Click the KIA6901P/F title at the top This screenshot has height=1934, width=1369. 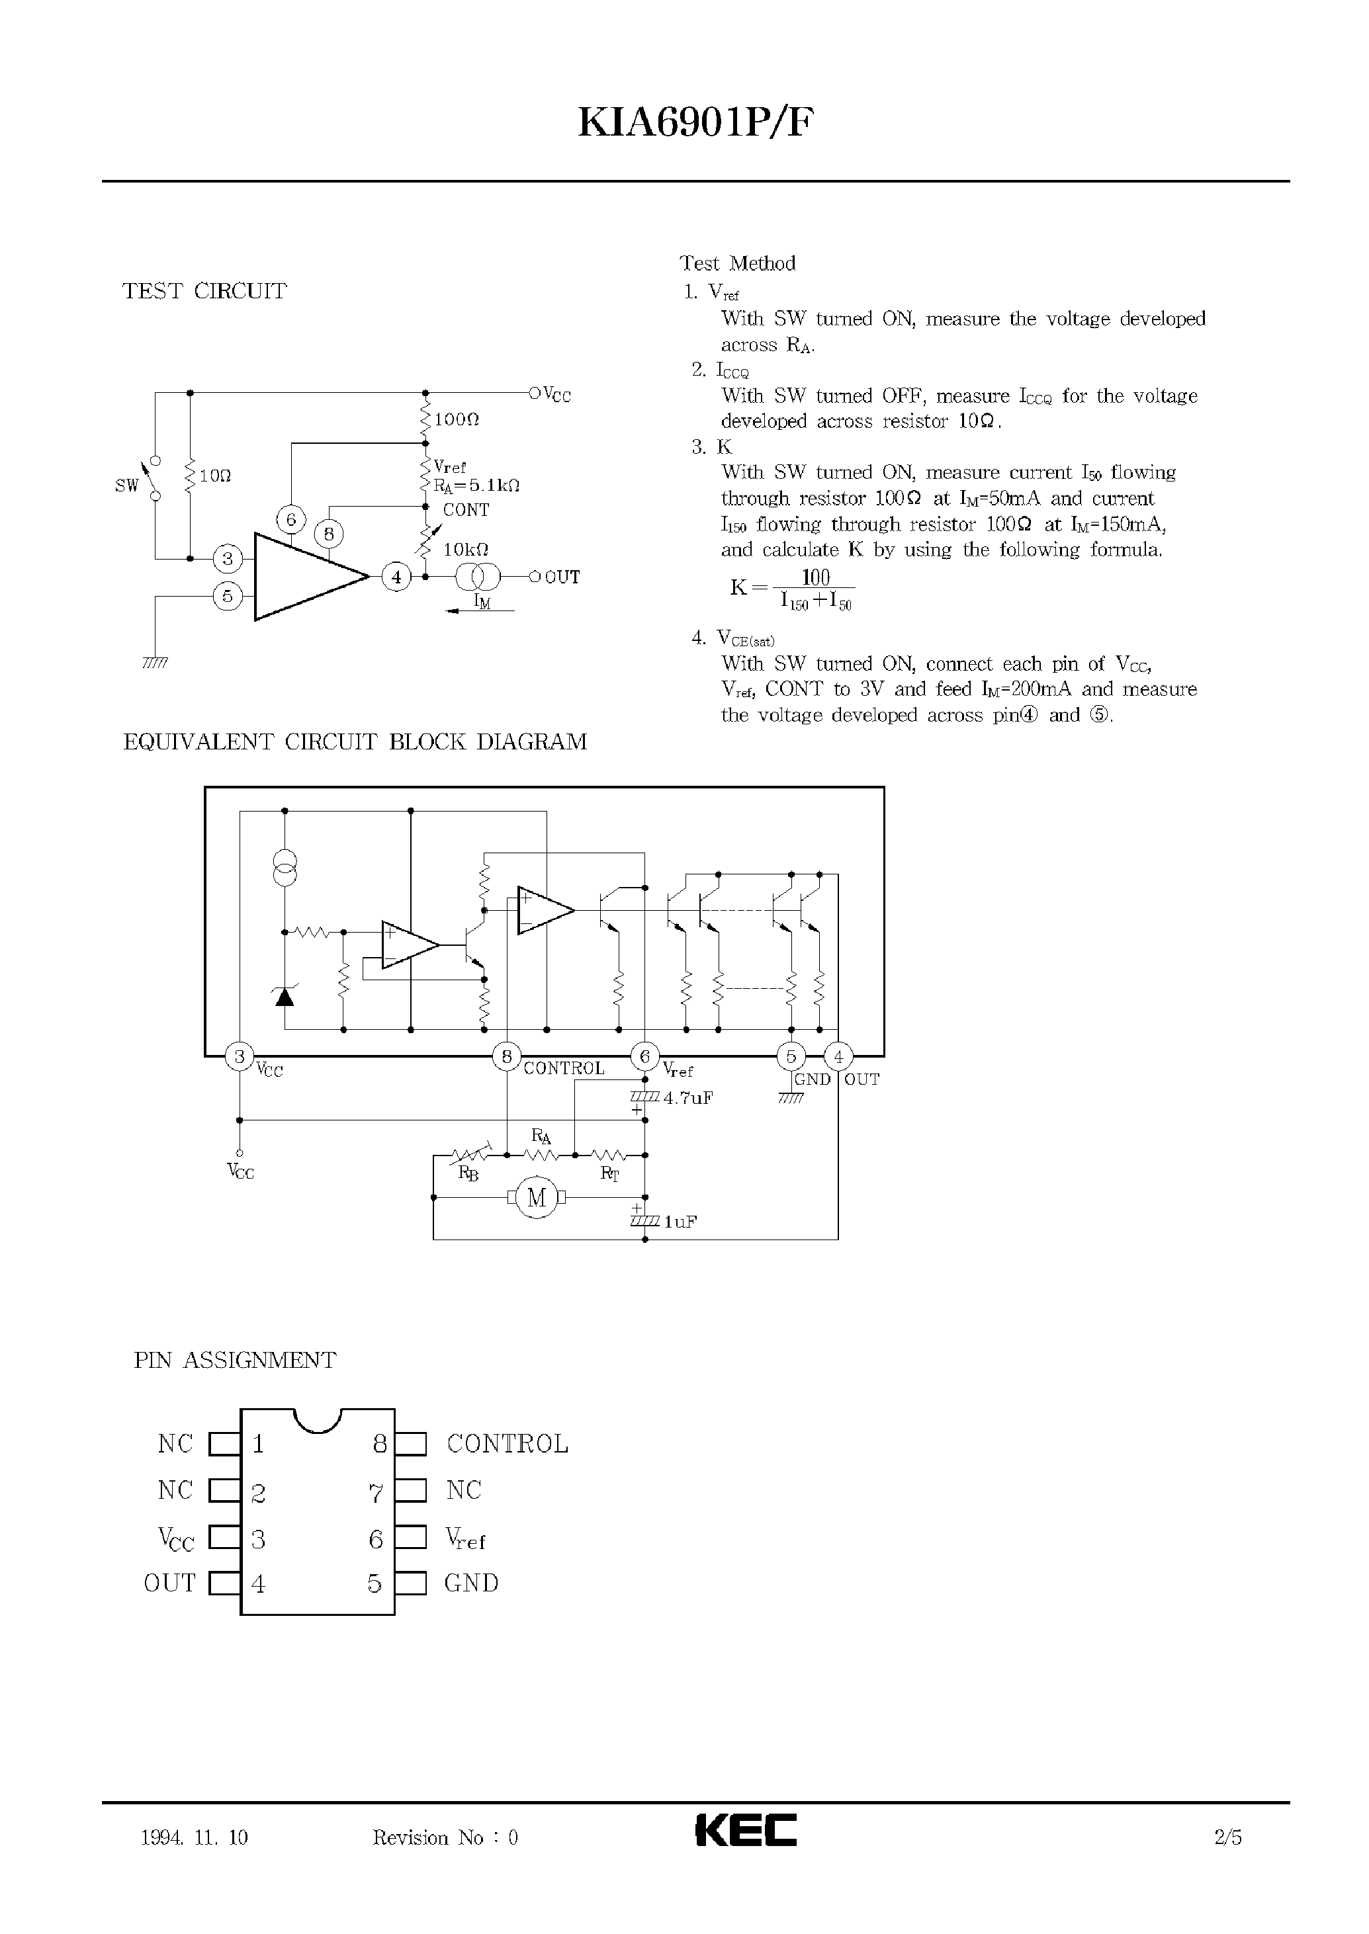[696, 124]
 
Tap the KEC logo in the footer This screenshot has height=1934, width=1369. [745, 1829]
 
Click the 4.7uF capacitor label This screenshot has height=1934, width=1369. [688, 1098]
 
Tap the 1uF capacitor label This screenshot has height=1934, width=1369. [680, 1221]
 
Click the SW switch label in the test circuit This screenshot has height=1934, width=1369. [126, 485]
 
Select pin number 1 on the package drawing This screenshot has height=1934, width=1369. [258, 1445]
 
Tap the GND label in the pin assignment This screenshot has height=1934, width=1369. [471, 1583]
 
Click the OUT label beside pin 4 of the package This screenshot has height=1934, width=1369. [169, 1583]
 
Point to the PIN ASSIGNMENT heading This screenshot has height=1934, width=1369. [234, 1360]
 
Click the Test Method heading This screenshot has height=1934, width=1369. [738, 264]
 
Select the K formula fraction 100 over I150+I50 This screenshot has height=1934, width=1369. [815, 589]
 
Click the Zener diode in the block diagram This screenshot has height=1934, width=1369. [285, 997]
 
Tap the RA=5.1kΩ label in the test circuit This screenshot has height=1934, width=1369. [476, 485]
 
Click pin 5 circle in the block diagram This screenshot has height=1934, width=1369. [791, 1056]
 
